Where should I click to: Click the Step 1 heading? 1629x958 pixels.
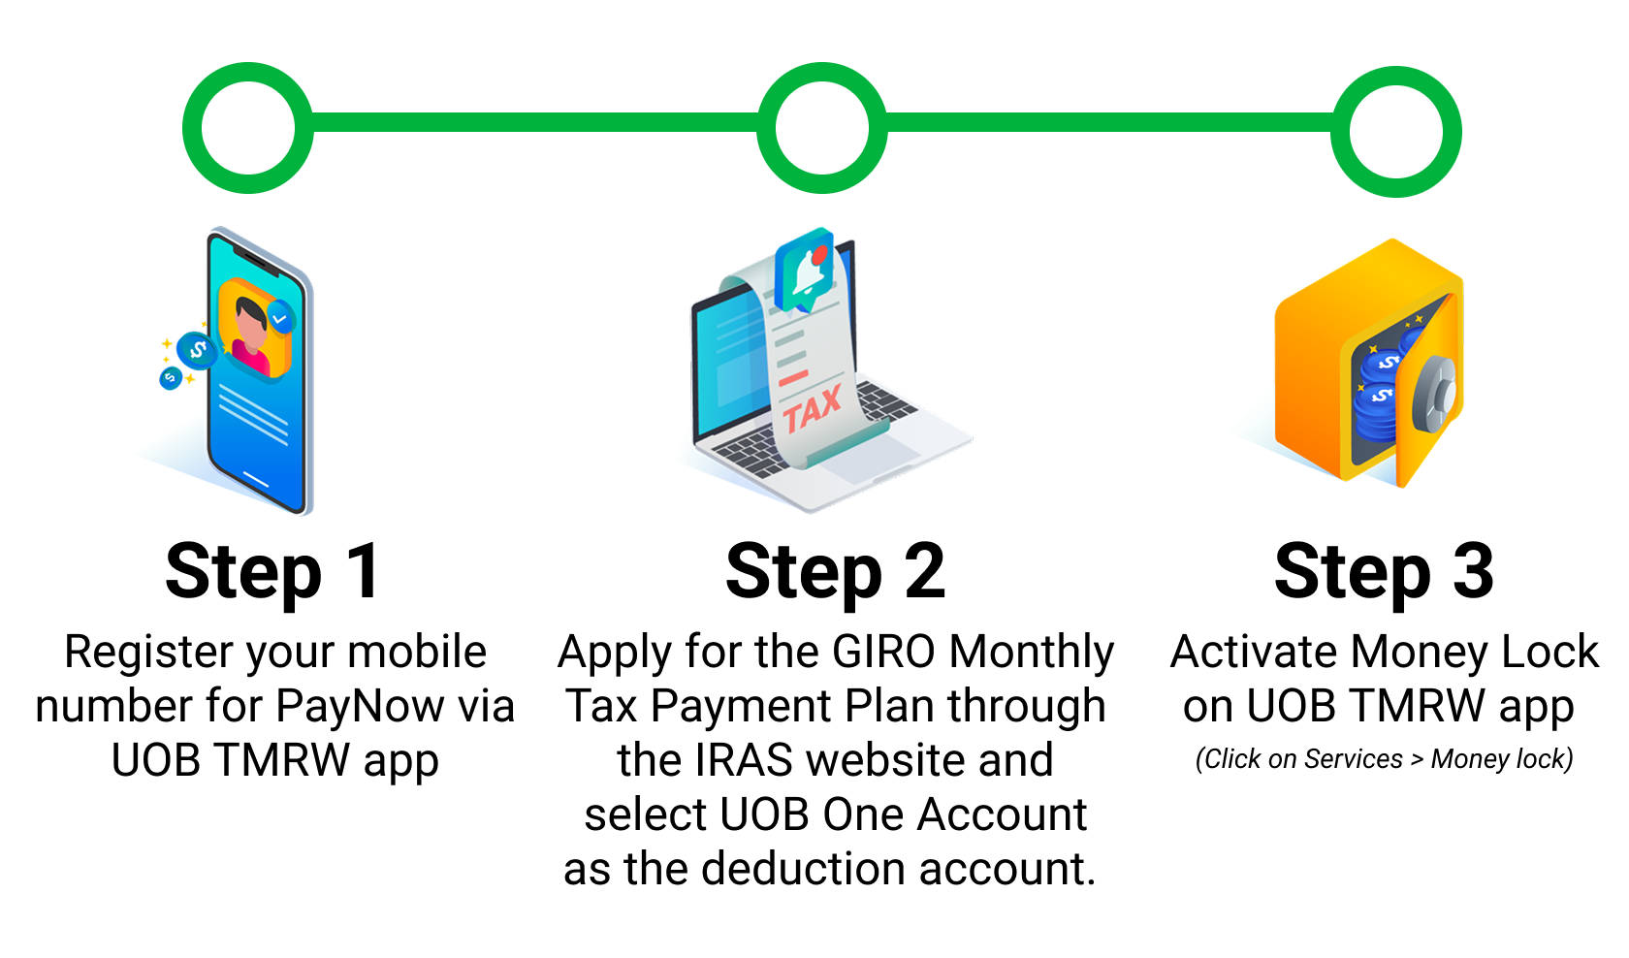pyautogui.click(x=272, y=573)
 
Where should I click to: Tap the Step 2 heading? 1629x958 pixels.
pyautogui.click(x=836, y=573)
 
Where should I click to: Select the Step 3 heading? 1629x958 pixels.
pyautogui.click(x=1384, y=573)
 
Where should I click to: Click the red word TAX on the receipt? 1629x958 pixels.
pyautogui.click(x=813, y=409)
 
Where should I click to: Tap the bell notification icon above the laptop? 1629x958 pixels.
pyautogui.click(x=805, y=270)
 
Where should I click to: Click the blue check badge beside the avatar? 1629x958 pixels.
pyautogui.click(x=280, y=317)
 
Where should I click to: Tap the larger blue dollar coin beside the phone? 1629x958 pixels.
pyautogui.click(x=196, y=351)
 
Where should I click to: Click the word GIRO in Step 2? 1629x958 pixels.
pyautogui.click(x=883, y=651)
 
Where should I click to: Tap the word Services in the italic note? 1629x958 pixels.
pyautogui.click(x=1353, y=758)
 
